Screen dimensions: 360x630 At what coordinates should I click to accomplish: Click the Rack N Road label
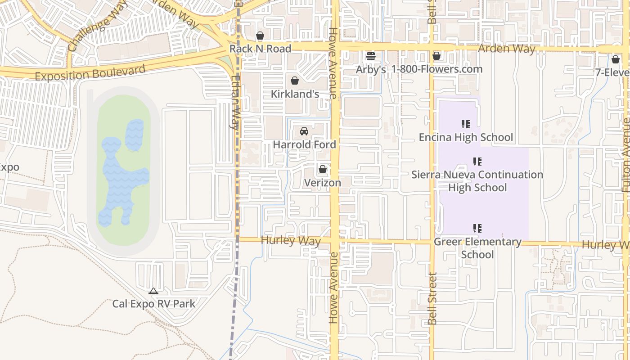tap(260, 49)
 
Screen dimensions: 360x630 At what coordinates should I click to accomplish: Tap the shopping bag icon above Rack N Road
tap(260, 36)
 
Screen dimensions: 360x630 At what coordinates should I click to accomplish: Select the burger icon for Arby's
tap(371, 56)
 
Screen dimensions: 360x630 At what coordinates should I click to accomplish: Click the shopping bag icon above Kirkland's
tap(295, 81)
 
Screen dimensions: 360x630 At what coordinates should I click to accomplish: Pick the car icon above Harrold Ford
tap(304, 131)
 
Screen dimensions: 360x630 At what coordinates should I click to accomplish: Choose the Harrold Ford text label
tap(305, 144)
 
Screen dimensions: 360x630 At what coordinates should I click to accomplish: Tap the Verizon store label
tap(322, 183)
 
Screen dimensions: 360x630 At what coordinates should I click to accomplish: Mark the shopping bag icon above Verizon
tap(322, 170)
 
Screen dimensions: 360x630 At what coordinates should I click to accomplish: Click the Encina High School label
tap(466, 137)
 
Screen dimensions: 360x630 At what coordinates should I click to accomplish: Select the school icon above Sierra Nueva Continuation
tap(477, 161)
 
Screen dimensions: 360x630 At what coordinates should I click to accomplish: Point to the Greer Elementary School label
tap(477, 248)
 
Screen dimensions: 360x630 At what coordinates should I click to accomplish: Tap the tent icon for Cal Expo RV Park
tap(153, 291)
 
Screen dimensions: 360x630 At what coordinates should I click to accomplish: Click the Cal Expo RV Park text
tap(154, 304)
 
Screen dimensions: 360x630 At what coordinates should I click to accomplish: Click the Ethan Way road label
tap(235, 103)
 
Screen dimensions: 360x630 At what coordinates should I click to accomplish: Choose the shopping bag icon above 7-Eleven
tap(616, 59)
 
